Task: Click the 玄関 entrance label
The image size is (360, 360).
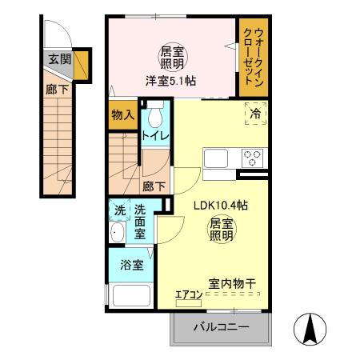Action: click(x=58, y=58)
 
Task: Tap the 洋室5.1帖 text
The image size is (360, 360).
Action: click(x=172, y=80)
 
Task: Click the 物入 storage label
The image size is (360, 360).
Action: click(x=122, y=115)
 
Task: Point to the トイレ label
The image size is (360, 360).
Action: click(x=155, y=135)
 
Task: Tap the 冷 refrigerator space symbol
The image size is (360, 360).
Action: click(x=256, y=114)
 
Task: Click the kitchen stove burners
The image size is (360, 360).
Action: click(x=254, y=158)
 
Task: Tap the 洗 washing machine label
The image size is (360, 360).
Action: click(x=118, y=211)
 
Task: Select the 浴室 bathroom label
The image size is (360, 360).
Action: click(x=132, y=265)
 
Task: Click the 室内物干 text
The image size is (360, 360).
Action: click(x=232, y=284)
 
